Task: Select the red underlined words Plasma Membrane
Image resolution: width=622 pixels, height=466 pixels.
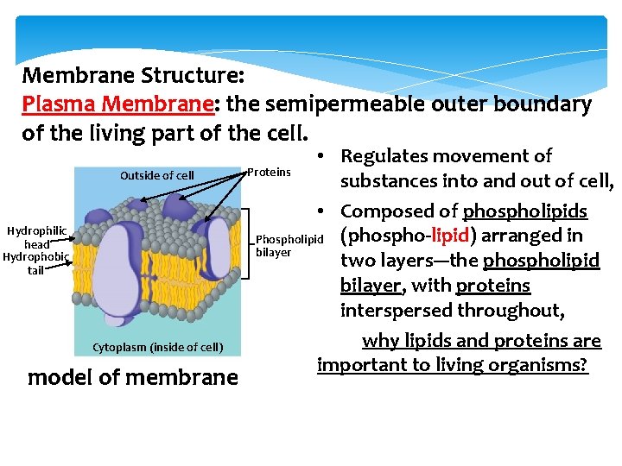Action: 117,104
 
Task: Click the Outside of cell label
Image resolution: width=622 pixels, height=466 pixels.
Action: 157,175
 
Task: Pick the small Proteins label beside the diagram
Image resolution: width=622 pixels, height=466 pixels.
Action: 269,172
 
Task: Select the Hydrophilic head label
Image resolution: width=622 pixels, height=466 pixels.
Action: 36,237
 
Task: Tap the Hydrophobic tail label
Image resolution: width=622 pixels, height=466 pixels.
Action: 35,263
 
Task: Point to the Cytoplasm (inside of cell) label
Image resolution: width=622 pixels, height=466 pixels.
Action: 157,348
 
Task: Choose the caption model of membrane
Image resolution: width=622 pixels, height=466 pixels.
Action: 132,377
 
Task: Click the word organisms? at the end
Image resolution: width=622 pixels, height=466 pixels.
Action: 543,364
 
